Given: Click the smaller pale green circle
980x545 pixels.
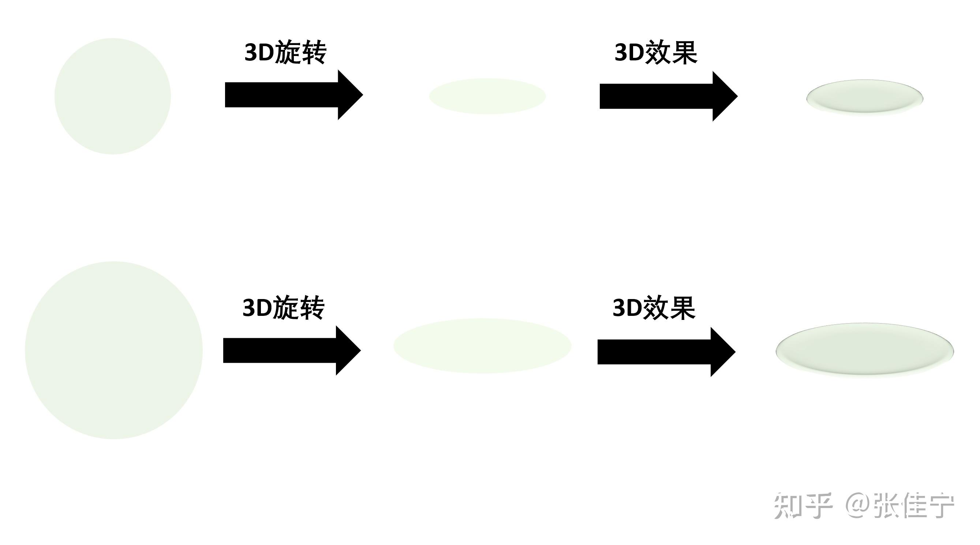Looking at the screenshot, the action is tap(113, 96).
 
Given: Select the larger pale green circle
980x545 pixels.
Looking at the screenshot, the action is tap(114, 350).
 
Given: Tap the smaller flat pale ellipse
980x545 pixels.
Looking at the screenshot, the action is tap(487, 96).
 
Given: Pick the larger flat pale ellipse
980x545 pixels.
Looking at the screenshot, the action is tap(482, 346).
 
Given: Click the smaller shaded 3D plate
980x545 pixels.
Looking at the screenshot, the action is tap(865, 97).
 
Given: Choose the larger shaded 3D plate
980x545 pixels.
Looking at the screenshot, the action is tap(865, 350).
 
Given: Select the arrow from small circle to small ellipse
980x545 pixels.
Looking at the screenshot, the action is tap(294, 95).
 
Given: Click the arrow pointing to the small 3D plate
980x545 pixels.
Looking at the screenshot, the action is tap(669, 96).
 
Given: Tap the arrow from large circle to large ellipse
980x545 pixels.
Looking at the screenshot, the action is tap(292, 351).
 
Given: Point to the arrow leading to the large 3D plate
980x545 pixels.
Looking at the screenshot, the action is tap(666, 352).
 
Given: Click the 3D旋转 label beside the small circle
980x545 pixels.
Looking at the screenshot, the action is tap(285, 52).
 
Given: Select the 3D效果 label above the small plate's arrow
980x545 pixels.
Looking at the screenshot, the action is tap(656, 52).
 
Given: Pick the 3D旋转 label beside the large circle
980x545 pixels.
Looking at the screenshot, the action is tap(283, 307).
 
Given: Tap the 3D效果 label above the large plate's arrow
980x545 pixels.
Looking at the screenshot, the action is tap(654, 307).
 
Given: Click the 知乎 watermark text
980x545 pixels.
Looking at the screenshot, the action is tap(803, 505).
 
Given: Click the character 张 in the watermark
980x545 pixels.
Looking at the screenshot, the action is tap(886, 505).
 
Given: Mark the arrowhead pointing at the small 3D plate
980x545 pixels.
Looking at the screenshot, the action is tap(725, 96).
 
